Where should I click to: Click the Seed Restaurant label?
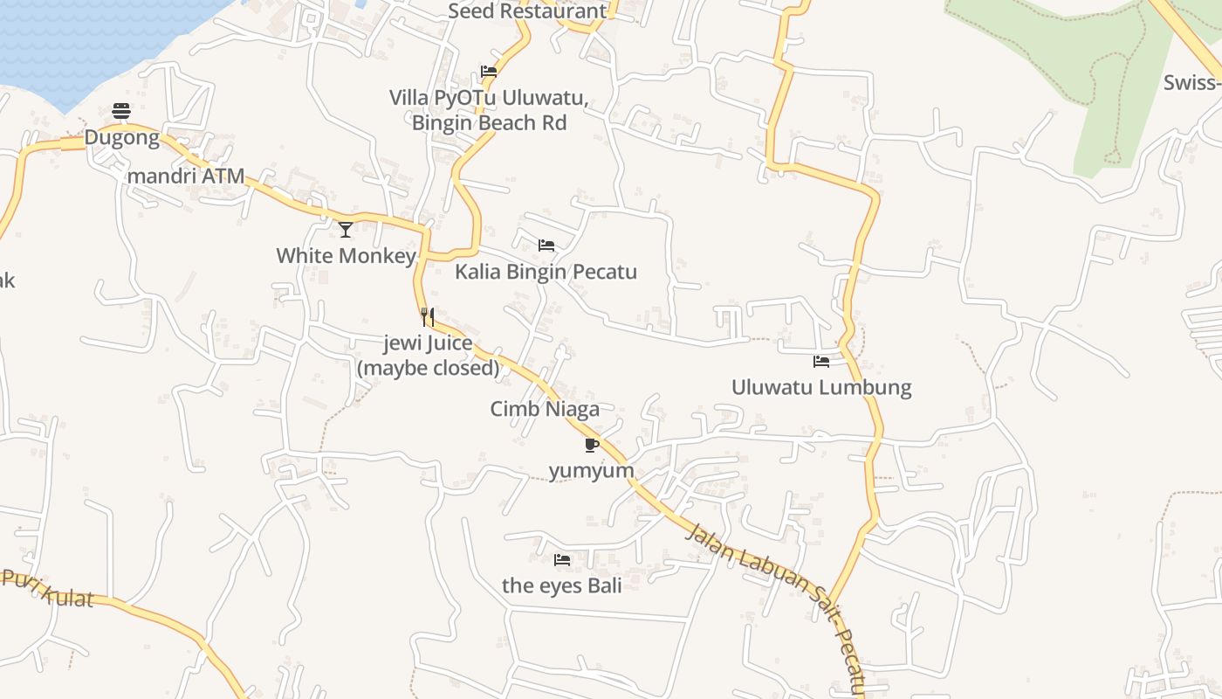(526, 11)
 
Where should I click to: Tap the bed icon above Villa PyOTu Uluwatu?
(489, 72)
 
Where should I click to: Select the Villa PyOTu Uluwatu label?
(489, 110)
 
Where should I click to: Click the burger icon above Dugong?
(121, 111)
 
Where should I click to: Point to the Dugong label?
(121, 137)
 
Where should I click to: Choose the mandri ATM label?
(186, 176)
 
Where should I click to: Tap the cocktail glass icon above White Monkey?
(346, 229)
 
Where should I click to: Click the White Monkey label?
(346, 255)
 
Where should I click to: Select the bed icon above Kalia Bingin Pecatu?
(546, 246)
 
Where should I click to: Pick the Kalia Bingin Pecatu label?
(546, 272)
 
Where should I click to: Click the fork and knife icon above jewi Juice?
(428, 316)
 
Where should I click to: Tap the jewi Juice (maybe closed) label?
(428, 356)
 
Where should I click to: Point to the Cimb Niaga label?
(545, 409)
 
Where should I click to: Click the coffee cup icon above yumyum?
(591, 445)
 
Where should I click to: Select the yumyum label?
(591, 471)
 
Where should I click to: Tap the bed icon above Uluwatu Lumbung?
(821, 361)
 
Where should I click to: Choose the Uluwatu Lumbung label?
(821, 387)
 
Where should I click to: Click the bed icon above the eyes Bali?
(562, 559)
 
